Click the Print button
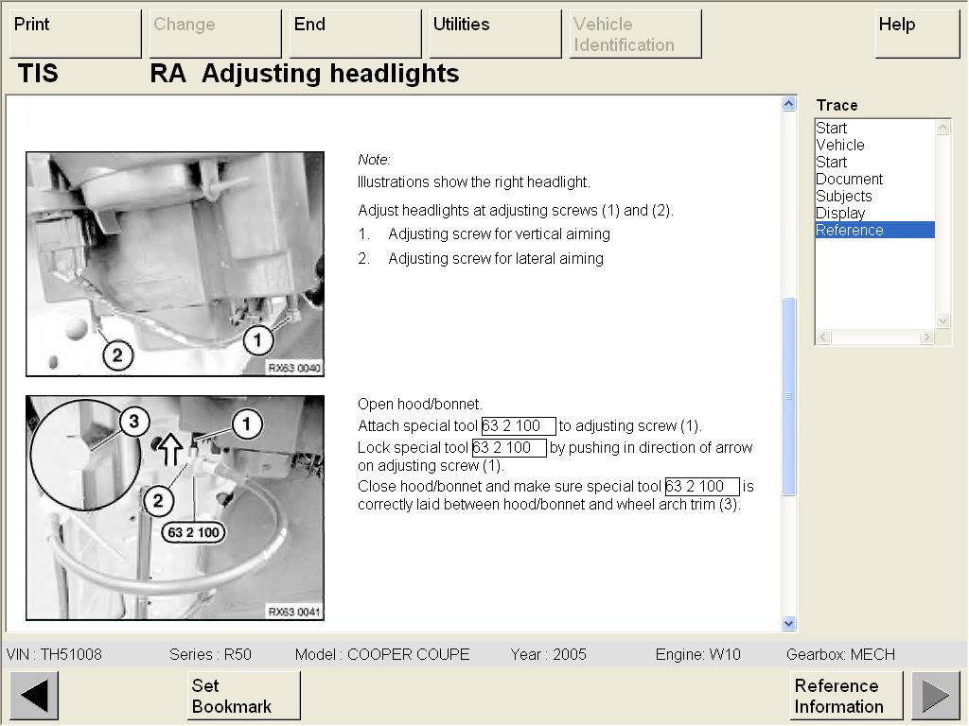[76, 34]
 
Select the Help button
[917, 34]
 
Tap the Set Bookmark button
[243, 696]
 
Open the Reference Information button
[846, 696]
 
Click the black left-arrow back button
[35, 696]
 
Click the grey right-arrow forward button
[936, 696]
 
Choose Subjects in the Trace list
[843, 197]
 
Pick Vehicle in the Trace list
[840, 145]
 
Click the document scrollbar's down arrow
[788, 624]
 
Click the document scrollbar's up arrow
[788, 104]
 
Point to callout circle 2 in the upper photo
[117, 355]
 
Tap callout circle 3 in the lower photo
[133, 422]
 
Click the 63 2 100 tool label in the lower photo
[193, 532]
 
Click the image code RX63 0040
[294, 368]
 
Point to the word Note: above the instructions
[374, 160]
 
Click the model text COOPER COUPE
[409, 654]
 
